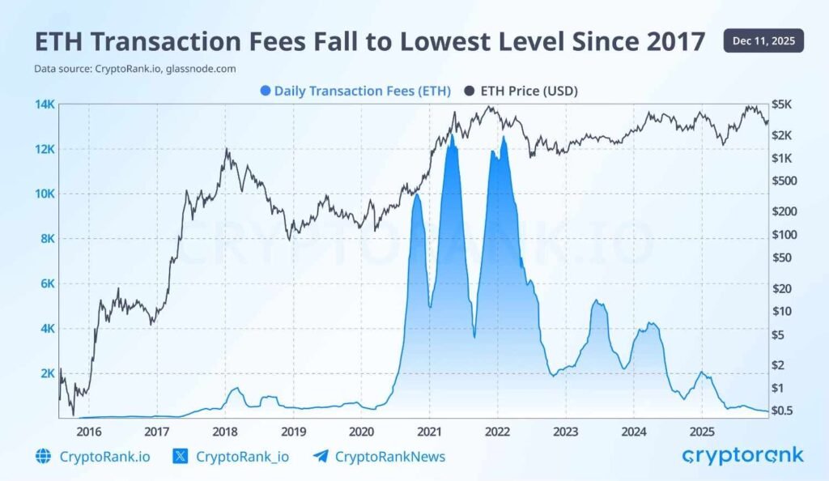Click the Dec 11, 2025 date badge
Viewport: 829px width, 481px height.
[x=763, y=40]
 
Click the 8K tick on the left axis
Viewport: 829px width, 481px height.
[x=45, y=239]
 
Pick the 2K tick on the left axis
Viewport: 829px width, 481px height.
[x=45, y=373]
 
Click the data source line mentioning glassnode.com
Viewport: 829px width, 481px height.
[x=135, y=69]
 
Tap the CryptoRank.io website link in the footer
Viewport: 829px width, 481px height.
[x=104, y=457]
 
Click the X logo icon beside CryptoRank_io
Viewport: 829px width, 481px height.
[x=181, y=457]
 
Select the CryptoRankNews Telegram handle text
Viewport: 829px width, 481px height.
[x=391, y=457]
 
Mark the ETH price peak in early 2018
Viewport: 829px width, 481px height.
[x=227, y=149]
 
